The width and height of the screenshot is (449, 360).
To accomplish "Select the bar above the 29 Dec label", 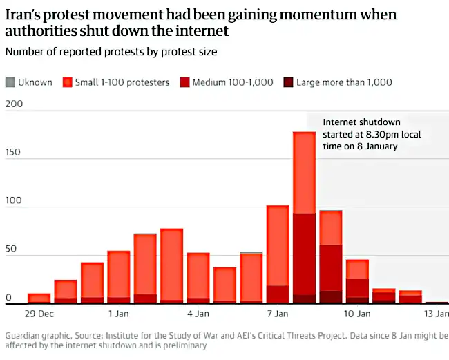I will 39,299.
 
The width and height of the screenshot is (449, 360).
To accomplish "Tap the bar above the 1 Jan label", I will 118,276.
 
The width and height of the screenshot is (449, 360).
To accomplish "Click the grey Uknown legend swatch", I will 9,82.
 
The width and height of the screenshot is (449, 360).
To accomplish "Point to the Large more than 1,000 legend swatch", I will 287,82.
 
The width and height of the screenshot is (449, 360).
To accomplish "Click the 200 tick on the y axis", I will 14,104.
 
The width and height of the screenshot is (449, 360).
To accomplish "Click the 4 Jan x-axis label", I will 198,314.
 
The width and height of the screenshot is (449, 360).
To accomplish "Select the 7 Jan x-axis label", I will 278,314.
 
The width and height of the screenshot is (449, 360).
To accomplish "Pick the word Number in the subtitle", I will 23,51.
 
